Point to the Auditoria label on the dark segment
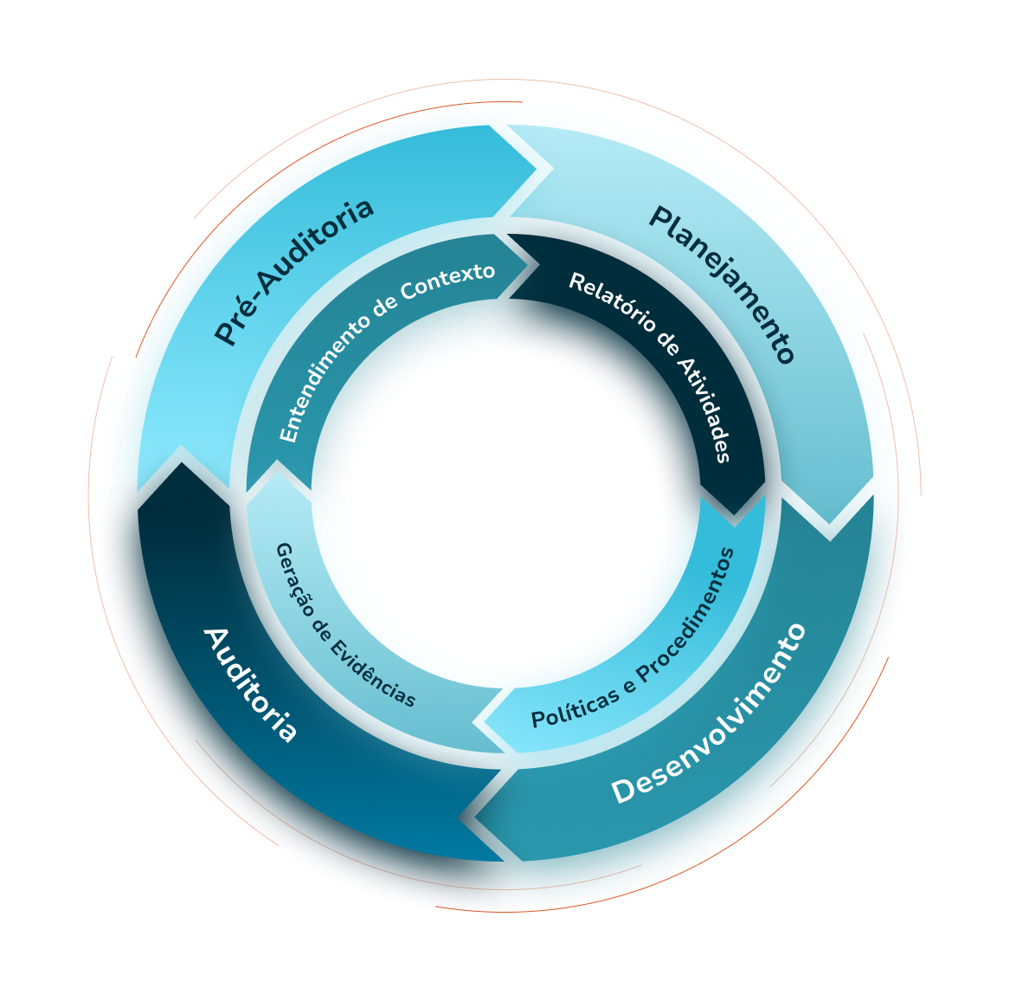(x=250, y=685)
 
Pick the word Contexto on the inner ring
(x=455, y=279)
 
